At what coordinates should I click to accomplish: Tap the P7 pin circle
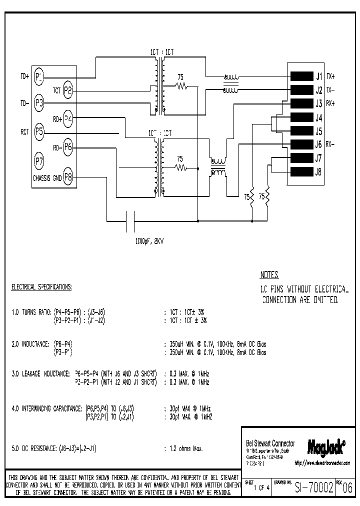pos(39,161)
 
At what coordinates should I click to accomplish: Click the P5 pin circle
pos(39,132)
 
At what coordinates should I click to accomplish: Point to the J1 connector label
pos(318,76)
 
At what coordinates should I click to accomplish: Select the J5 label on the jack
pos(318,131)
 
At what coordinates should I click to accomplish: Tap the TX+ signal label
pos(331,76)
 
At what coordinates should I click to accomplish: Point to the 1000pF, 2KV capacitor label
pos(148,240)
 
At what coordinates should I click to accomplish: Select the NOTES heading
pos(269,275)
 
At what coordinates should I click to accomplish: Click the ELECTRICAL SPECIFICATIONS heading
pos(41,287)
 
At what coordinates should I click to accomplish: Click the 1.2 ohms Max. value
pos(183,448)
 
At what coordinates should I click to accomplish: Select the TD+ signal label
pos(24,76)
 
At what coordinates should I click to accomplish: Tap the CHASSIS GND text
pos(47,177)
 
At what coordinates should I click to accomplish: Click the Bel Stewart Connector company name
pos(269,443)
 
